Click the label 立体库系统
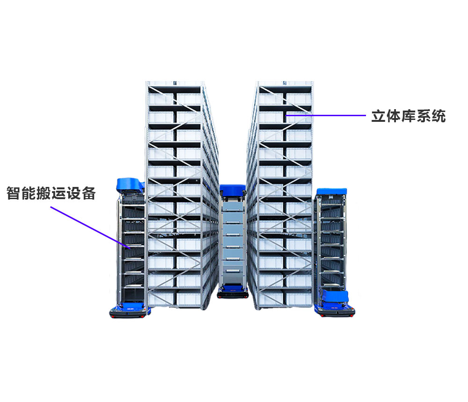point(408,116)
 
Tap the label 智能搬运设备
point(51,193)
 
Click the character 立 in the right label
point(379,116)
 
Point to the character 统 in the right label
point(439,116)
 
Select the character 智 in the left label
point(14,193)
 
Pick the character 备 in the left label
point(88,193)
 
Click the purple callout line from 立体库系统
point(326,115)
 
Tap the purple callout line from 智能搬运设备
point(90,227)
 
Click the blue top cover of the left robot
point(131,185)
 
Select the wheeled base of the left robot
point(130,311)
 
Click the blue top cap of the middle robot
point(233,190)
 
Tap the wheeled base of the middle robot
point(233,292)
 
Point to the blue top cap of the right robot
point(332,192)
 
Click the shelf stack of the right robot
point(331,242)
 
